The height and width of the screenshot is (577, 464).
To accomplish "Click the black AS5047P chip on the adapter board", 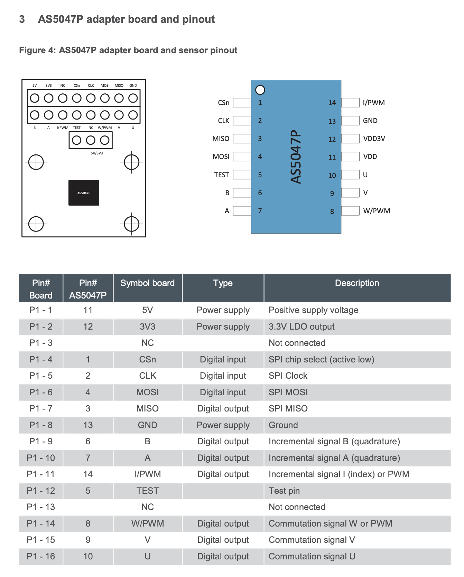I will click(84, 193).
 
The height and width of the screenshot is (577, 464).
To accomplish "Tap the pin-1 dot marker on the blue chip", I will click(260, 90).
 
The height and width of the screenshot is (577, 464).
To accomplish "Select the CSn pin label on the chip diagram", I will click(223, 103).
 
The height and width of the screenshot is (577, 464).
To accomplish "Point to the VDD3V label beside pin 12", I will click(374, 139).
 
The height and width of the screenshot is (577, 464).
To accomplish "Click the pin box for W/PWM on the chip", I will click(350, 210).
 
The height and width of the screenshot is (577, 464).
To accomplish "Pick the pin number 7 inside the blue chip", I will click(260, 211).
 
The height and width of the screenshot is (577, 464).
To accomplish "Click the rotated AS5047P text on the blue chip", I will click(296, 157).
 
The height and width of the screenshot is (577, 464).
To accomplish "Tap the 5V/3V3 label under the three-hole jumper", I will click(97, 153).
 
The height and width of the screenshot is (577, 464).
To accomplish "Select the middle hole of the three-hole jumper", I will click(91, 140).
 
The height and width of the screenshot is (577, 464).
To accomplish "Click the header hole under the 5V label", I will click(35, 98).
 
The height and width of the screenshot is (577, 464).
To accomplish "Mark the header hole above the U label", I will click(133, 115).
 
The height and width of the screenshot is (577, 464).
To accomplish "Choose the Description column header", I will click(357, 283).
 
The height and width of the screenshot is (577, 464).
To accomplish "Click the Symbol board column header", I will click(147, 283).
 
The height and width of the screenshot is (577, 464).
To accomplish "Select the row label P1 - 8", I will click(41, 425).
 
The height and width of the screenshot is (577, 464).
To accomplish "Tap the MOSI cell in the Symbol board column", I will click(147, 392).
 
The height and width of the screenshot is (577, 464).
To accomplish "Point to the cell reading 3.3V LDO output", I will click(301, 327).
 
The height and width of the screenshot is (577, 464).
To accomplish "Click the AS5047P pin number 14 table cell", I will click(88, 474).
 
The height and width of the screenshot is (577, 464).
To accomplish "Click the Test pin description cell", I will click(284, 491).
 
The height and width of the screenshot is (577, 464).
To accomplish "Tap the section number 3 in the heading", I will click(22, 19).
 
